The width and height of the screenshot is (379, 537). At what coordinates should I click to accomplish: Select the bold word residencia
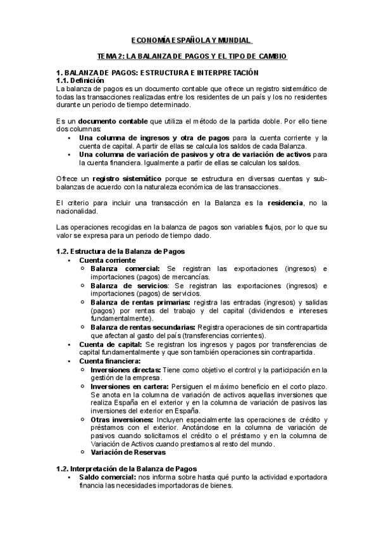pyautogui.click(x=285, y=203)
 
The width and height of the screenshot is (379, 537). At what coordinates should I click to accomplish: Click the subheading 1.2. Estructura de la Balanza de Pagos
pyautogui.click(x=112, y=251)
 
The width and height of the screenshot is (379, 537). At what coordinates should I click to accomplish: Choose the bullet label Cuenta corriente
pyautogui.click(x=107, y=260)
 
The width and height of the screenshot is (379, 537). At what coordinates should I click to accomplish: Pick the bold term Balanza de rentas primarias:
pyautogui.click(x=141, y=302)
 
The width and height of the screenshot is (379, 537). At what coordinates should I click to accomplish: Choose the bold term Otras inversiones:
pyautogui.click(x=122, y=419)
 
